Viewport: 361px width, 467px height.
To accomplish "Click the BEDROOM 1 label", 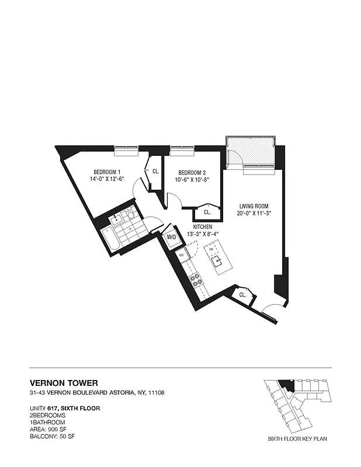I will click(x=107, y=172).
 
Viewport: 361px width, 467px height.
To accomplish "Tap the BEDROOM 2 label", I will click(x=192, y=172).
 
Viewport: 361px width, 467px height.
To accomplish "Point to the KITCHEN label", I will click(x=203, y=226).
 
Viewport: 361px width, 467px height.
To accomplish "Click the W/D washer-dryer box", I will click(x=172, y=238).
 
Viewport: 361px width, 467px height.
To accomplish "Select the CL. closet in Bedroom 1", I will click(x=156, y=172).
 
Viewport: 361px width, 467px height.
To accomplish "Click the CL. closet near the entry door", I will click(x=242, y=295).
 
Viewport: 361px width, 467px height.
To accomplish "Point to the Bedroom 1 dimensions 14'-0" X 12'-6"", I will click(x=107, y=179).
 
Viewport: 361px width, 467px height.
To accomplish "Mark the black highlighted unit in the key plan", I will click(x=286, y=385).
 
